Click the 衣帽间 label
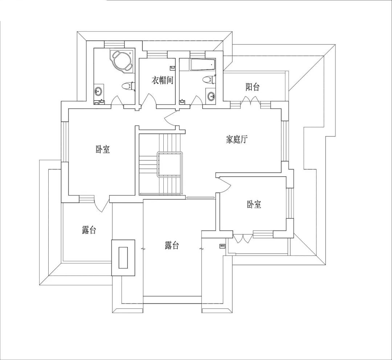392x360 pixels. point(163,80)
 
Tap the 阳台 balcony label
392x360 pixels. point(253,87)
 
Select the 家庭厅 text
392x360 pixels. point(237,139)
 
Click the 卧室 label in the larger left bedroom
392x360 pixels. point(103,149)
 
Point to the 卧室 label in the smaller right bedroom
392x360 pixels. point(254,204)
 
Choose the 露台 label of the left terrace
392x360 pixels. point(89,230)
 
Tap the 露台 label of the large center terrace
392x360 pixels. point(172,245)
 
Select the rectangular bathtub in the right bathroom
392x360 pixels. point(203,65)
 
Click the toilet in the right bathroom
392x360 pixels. point(209,80)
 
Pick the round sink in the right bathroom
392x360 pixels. point(212,96)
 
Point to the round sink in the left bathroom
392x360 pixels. point(98,91)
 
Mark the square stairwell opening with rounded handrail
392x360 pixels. point(170,164)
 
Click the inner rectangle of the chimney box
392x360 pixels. point(123,258)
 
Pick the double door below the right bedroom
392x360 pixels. point(243,238)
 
